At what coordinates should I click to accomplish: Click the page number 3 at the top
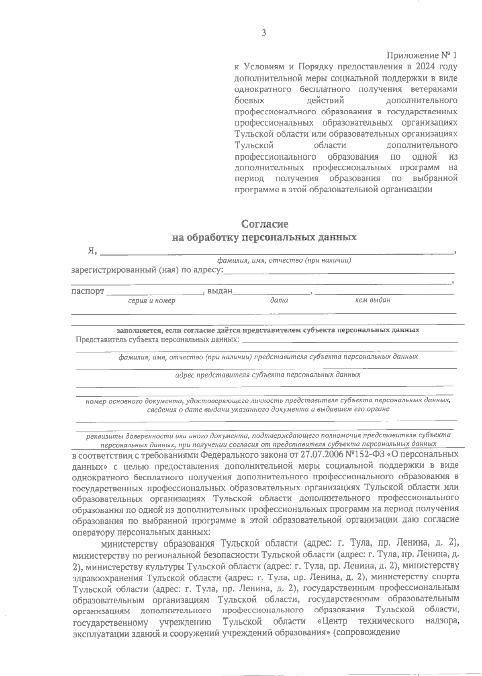pyautogui.click(x=264, y=34)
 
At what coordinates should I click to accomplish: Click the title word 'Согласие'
pyautogui.click(x=265, y=223)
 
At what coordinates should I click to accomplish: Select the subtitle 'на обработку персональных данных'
pyautogui.click(x=264, y=238)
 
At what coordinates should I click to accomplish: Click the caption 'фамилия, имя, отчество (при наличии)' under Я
pyautogui.click(x=284, y=261)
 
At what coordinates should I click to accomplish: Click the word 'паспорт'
pyautogui.click(x=88, y=291)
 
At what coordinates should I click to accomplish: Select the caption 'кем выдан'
pyautogui.click(x=373, y=300)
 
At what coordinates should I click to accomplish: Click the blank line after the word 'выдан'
pyautogui.click(x=272, y=292)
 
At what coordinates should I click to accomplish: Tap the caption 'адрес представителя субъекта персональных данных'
pyautogui.click(x=268, y=375)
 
